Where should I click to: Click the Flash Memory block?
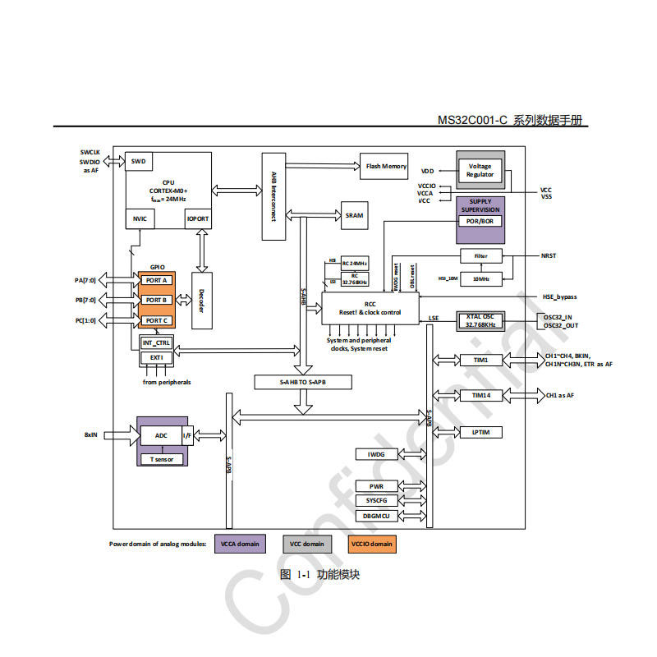pyautogui.click(x=386, y=167)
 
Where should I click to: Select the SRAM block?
pyautogui.click(x=354, y=215)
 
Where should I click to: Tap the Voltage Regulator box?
pyautogui.click(x=480, y=170)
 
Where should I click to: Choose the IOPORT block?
pyautogui.click(x=199, y=219)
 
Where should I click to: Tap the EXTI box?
pyautogui.click(x=156, y=358)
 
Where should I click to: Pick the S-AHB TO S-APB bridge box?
pyautogui.click(x=302, y=382)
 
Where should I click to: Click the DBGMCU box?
pyautogui.click(x=375, y=516)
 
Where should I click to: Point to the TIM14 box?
pyautogui.click(x=480, y=395)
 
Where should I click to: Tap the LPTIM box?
pyautogui.click(x=480, y=432)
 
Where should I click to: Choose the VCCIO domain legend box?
pyautogui.click(x=372, y=544)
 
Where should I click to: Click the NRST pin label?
pyautogui.click(x=549, y=255)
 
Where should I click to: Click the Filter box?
pyautogui.click(x=480, y=255)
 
